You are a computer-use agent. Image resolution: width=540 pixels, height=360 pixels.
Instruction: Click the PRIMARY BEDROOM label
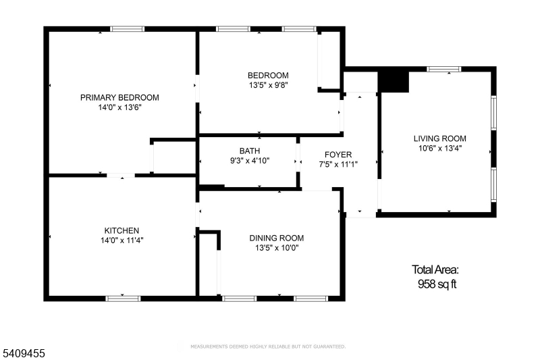tap(119, 97)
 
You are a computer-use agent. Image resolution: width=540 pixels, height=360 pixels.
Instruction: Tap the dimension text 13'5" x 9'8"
tap(268, 84)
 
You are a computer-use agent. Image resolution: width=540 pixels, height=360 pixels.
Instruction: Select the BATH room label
tap(250, 151)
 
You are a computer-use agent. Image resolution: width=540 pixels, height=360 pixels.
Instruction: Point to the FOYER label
tap(338, 155)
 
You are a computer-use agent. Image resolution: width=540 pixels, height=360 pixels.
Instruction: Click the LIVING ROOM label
tap(440, 138)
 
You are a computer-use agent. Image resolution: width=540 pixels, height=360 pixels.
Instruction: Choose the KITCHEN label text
tap(122, 230)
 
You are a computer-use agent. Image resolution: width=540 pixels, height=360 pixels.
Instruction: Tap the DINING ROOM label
tap(277, 238)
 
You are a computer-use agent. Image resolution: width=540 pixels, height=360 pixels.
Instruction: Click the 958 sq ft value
tap(437, 284)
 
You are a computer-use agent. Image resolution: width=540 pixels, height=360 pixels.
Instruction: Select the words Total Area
tap(435, 269)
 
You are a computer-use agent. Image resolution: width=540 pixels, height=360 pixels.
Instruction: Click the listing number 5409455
tap(24, 353)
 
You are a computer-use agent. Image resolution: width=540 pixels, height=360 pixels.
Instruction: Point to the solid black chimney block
tap(394, 82)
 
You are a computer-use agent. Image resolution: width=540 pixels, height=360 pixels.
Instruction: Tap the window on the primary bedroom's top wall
tap(127, 29)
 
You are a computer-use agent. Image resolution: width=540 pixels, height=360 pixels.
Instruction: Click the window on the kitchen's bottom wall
tap(123, 299)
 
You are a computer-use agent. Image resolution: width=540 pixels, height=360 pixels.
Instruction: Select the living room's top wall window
tap(443, 70)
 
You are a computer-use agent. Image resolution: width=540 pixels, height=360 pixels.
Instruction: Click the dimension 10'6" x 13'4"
tap(440, 148)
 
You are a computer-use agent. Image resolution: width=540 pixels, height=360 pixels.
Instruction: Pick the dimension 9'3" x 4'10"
tap(250, 161)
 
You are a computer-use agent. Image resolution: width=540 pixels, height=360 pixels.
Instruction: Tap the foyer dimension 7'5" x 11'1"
tap(338, 164)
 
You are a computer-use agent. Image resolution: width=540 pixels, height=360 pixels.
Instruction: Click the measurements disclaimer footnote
tap(268, 346)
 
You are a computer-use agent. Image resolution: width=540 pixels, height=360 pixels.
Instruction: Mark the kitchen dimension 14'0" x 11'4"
tap(122, 240)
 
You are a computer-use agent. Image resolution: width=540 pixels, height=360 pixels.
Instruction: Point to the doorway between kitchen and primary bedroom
tap(121, 176)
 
